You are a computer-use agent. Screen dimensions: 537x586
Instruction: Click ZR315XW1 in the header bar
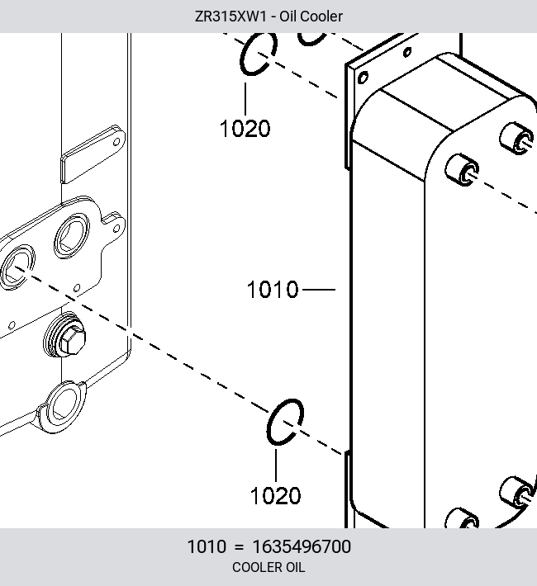(x=230, y=17)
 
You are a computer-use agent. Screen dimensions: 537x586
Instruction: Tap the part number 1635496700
(x=302, y=546)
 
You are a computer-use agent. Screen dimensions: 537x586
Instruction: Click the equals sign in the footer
(x=239, y=547)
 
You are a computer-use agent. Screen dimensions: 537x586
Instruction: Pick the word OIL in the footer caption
(x=296, y=567)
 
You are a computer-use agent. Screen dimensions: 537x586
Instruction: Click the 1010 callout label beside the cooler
(x=273, y=290)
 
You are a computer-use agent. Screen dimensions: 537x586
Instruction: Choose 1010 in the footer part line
(x=207, y=546)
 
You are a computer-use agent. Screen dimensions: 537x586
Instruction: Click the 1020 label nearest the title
(x=245, y=129)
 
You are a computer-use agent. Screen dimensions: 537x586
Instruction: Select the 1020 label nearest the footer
(x=275, y=496)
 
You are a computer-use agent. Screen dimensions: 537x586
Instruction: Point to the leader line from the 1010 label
(x=318, y=289)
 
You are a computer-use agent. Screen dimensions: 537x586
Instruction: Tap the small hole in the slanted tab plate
(x=116, y=142)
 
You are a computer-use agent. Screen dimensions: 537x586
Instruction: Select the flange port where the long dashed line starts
(x=17, y=267)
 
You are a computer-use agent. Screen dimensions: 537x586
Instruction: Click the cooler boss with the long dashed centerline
(x=463, y=170)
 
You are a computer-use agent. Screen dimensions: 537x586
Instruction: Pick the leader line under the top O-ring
(x=245, y=99)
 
